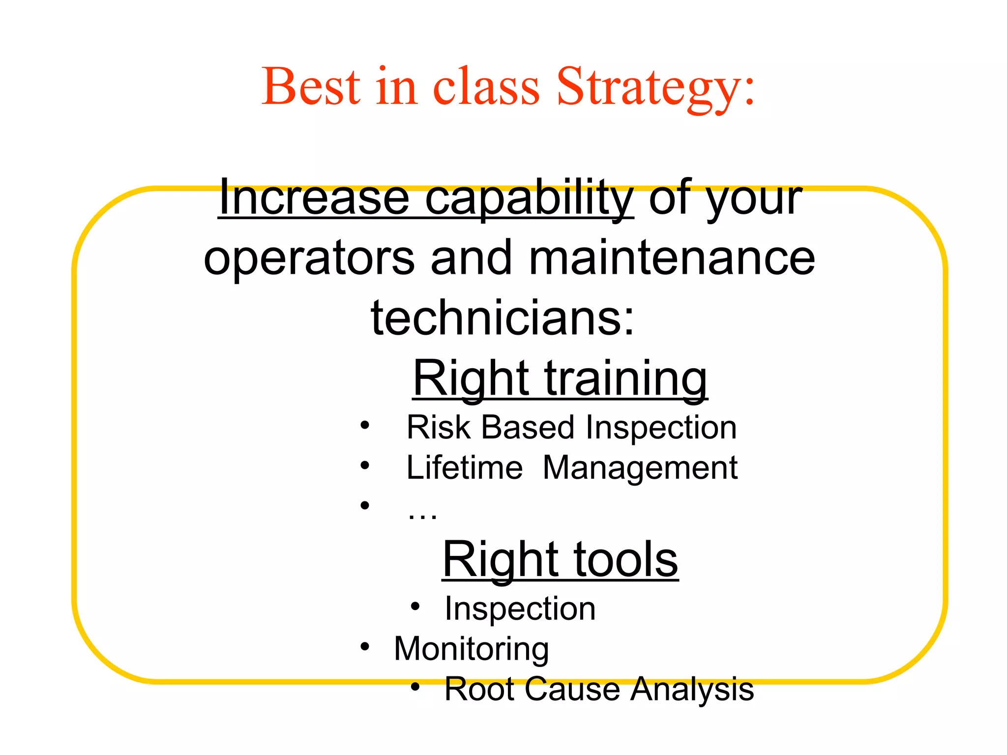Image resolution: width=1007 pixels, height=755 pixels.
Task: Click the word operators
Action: point(309,259)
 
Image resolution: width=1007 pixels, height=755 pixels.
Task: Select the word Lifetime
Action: point(464,467)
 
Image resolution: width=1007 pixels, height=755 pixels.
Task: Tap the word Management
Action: point(640,467)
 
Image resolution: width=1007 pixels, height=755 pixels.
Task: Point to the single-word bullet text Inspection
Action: point(520,609)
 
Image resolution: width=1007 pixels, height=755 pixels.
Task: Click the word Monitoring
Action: point(471,649)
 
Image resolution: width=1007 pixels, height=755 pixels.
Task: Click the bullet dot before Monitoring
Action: point(364,646)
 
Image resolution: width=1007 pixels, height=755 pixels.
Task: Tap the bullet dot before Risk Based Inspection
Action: point(364,425)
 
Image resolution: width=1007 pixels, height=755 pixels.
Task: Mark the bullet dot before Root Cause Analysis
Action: point(415,687)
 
